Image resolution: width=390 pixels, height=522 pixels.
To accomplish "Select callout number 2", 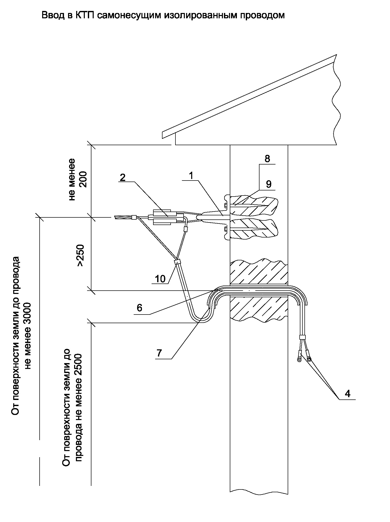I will coord(123,177).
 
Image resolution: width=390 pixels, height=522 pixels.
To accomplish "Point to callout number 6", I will coord(139,308).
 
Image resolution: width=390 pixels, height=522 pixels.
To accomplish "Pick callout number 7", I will coord(159,353).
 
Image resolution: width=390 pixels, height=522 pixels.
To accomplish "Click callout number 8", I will coord(267,159).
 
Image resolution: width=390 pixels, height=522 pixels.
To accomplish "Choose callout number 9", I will coord(269,184).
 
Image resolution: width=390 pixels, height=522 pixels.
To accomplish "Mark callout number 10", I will coord(160,279).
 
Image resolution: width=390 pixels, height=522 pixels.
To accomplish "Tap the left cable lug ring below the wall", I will coord(299,360).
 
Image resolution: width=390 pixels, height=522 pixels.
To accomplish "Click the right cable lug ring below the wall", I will coord(309,359).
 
